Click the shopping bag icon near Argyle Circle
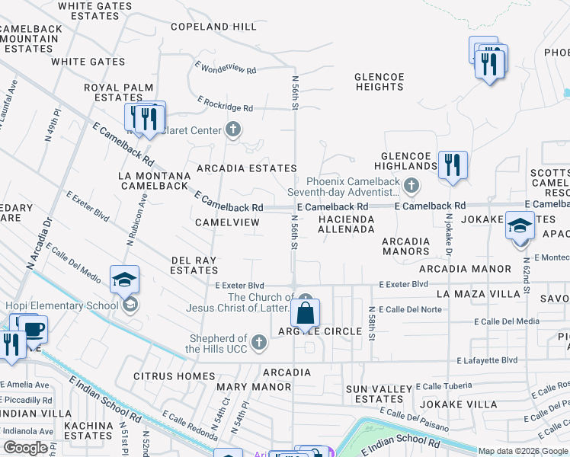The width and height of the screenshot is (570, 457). [305, 313]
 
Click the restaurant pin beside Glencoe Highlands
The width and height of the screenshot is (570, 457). [453, 165]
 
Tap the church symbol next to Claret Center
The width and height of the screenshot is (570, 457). [233, 129]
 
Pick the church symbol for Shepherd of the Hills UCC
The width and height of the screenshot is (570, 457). [259, 343]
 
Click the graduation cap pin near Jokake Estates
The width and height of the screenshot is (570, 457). [520, 227]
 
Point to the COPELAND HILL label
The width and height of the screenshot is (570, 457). [213, 27]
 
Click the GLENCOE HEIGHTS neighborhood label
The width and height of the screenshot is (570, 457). [379, 81]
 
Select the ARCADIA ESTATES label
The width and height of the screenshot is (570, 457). [246, 168]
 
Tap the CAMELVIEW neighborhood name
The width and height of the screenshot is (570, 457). [227, 222]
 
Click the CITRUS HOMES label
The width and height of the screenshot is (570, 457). [175, 376]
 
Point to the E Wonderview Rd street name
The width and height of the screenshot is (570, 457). [226, 69]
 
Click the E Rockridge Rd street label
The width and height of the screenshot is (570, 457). [225, 104]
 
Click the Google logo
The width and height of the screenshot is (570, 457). [26, 448]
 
